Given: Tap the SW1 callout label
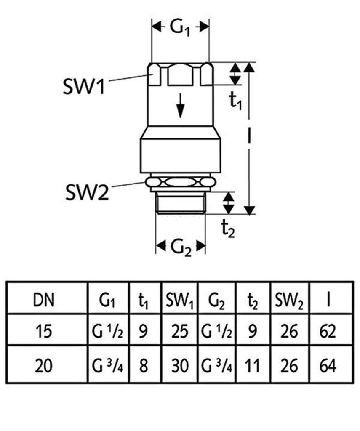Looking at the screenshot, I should pyautogui.click(x=83, y=87).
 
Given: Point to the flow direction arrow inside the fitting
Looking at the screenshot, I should pyautogui.click(x=180, y=105).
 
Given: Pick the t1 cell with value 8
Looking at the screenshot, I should pyautogui.click(x=144, y=365).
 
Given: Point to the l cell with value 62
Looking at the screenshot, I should pyautogui.click(x=328, y=332).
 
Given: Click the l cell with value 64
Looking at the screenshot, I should pyautogui.click(x=328, y=365).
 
